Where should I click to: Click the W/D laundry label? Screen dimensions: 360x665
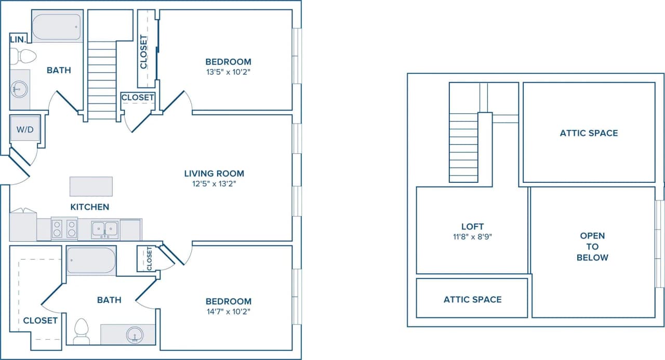[x=24, y=129]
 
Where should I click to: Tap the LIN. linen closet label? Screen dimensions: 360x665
[x=18, y=39]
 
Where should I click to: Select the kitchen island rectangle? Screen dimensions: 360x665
[x=91, y=186]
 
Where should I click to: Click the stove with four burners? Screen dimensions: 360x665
[x=64, y=229]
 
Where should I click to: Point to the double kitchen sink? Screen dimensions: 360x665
[x=105, y=229]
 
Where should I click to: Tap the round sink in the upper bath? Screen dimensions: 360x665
[x=19, y=89]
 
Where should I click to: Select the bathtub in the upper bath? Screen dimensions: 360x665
[x=57, y=27]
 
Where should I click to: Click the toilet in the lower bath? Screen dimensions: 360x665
[x=81, y=331]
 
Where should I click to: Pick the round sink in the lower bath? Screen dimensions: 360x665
[x=135, y=335]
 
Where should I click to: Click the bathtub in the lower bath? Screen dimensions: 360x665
[x=91, y=261]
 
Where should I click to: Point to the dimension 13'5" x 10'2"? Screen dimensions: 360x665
[x=228, y=72]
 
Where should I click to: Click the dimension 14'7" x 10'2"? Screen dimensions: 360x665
[x=228, y=312]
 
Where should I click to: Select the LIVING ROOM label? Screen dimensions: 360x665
[x=214, y=174]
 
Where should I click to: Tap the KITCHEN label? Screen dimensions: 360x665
[x=90, y=207]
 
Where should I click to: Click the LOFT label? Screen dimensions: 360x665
[x=472, y=226]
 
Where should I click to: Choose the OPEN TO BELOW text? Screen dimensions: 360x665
[x=592, y=247]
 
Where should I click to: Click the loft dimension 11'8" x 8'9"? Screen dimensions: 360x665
[x=472, y=237]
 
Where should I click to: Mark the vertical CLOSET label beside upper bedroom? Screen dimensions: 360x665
[x=144, y=51]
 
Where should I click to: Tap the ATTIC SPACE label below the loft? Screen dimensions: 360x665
[x=472, y=299]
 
